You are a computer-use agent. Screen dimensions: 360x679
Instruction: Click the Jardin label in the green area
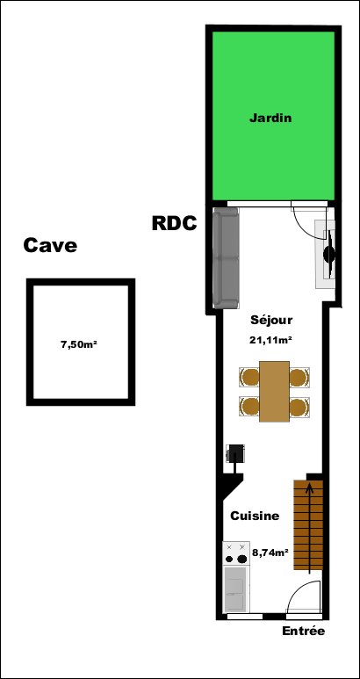(x=270, y=118)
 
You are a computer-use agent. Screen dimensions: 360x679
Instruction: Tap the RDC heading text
(x=175, y=223)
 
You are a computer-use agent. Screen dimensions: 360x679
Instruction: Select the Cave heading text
(x=50, y=246)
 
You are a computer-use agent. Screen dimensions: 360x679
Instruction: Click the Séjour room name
(x=271, y=321)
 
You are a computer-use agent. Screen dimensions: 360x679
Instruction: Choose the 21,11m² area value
(x=270, y=340)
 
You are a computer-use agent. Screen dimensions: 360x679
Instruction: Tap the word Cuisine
(x=255, y=516)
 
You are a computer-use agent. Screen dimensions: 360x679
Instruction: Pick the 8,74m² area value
(x=270, y=553)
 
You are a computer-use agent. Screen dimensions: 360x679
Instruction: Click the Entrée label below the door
(x=303, y=631)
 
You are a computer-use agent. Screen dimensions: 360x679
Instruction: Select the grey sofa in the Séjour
(x=226, y=258)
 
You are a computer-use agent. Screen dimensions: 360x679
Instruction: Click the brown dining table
(x=274, y=392)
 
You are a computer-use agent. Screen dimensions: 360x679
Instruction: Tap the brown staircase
(x=308, y=524)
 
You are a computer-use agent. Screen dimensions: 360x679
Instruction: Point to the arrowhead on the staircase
(x=309, y=488)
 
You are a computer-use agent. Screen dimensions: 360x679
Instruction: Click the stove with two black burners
(x=236, y=553)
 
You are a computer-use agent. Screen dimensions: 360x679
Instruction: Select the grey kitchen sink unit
(x=236, y=589)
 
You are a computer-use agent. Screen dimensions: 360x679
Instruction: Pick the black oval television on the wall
(x=330, y=254)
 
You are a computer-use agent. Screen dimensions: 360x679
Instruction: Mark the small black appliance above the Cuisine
(x=236, y=454)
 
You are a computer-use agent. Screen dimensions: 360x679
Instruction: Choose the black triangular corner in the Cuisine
(x=228, y=484)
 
